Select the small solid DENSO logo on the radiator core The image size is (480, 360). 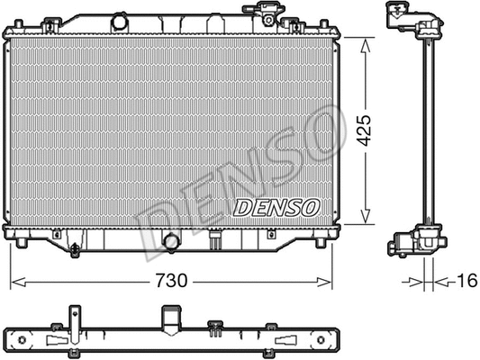276,207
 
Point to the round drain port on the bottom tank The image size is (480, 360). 170,240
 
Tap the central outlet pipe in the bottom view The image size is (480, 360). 170,319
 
